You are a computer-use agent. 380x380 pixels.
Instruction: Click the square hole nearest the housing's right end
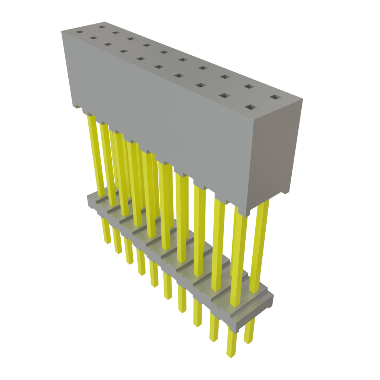pyautogui.click(x=275, y=97)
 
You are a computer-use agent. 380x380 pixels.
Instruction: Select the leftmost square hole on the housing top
pyautogui.click(x=79, y=32)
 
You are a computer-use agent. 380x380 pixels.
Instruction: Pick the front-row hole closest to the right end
pyautogui.click(x=251, y=108)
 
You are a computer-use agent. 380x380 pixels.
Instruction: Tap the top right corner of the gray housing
pyautogui.click(x=302, y=99)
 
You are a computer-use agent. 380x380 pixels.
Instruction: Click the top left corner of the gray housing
pyautogui.click(x=62, y=31)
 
